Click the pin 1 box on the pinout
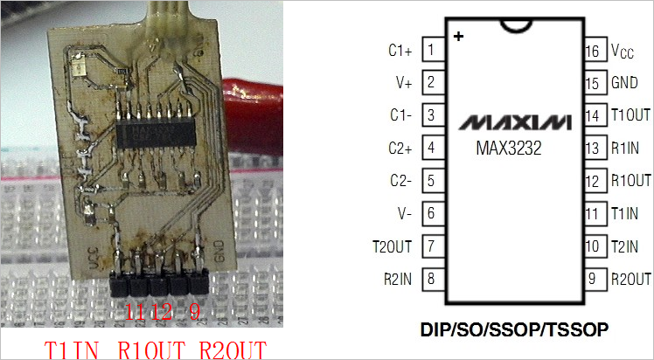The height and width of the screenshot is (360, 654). coord(432,51)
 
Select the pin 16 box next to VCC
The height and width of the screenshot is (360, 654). coord(593,52)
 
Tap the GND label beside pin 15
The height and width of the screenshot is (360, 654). coord(624,84)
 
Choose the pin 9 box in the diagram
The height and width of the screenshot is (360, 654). coord(593,279)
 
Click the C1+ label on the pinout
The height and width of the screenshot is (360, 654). coord(400,51)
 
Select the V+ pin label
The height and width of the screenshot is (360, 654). coord(403,84)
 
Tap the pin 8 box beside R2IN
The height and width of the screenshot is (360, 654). coord(432,279)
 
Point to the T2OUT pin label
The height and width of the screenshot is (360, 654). coord(393,246)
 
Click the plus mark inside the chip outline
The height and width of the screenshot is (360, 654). coord(458,37)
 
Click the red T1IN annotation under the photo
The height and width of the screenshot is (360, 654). coord(77,349)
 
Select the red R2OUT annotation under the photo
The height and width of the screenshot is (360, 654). coord(234,349)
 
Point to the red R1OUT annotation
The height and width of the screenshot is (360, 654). coord(154,349)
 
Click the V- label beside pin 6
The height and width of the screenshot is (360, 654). coord(404,214)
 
